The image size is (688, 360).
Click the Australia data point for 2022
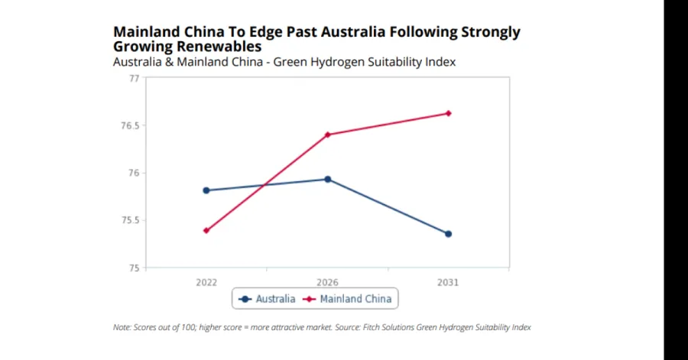[206, 190]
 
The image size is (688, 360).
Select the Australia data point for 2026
[327, 180]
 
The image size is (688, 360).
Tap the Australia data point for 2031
[448, 234]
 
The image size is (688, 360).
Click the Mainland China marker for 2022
[206, 230]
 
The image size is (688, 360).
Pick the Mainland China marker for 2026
[327, 135]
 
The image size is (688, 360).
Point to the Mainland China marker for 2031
[448, 113]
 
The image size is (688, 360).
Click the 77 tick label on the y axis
[135, 78]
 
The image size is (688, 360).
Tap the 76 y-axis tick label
[135, 173]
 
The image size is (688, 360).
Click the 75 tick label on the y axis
[135, 268]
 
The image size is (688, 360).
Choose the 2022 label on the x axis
[206, 282]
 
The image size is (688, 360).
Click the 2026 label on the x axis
[327, 282]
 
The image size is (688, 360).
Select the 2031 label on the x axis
[448, 282]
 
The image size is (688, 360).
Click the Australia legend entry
[267, 299]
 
